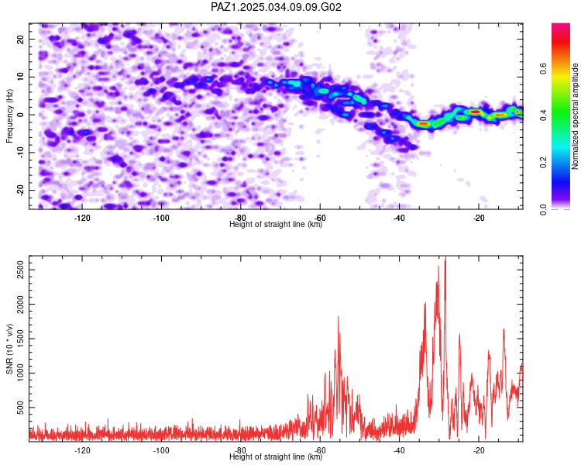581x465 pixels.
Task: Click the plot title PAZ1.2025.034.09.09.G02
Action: [x=276, y=7]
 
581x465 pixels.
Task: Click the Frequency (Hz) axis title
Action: [x=9, y=116]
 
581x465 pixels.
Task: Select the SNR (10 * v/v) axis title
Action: [x=9, y=349]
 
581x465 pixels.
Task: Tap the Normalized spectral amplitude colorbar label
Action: [x=575, y=116]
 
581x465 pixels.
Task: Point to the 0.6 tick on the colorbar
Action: [x=543, y=69]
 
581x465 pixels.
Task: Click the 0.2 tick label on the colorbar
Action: [x=543, y=163]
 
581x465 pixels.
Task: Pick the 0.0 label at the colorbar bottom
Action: [x=543, y=209]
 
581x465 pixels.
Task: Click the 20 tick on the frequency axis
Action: [x=20, y=39]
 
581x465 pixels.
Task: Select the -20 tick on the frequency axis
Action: [x=20, y=190]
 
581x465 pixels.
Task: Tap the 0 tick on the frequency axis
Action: [x=20, y=115]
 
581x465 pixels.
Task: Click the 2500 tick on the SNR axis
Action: [x=20, y=270]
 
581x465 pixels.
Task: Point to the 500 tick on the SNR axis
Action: [x=20, y=408]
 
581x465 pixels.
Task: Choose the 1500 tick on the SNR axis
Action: [x=20, y=339]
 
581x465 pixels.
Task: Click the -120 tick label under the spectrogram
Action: [x=82, y=218]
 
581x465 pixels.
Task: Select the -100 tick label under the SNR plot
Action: [x=161, y=450]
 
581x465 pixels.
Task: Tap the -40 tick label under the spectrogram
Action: [x=399, y=218]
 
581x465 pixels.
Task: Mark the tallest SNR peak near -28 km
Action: [x=445, y=257]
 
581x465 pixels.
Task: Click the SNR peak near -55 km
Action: [x=339, y=317]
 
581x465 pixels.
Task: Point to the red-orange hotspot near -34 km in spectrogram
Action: [x=423, y=123]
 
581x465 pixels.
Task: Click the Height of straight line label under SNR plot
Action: [x=276, y=456]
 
